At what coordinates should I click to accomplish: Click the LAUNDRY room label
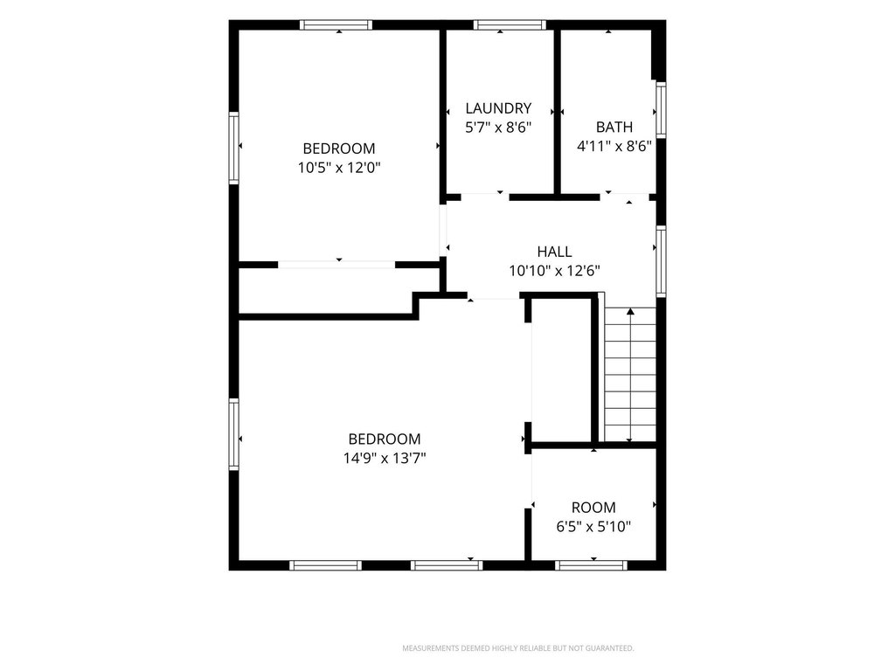(498, 107)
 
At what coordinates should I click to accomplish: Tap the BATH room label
(614, 127)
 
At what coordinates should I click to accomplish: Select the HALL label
(554, 252)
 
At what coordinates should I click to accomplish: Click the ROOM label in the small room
(593, 508)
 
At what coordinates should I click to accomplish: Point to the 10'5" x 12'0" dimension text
(339, 168)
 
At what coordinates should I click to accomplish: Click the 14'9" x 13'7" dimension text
(385, 458)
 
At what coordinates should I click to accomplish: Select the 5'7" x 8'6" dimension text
(498, 128)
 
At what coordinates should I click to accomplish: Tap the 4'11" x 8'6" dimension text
(614, 146)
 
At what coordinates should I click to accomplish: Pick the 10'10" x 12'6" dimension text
(554, 271)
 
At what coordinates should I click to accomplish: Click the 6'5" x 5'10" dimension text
(593, 526)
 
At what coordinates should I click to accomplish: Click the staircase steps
(630, 374)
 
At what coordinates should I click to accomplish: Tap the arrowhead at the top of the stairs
(630, 312)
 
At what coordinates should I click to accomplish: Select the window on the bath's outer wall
(661, 109)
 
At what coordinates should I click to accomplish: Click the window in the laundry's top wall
(510, 24)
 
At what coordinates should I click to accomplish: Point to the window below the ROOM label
(592, 565)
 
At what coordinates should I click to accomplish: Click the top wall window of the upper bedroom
(336, 24)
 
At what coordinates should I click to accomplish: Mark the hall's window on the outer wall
(661, 260)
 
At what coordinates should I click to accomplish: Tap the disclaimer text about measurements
(518, 648)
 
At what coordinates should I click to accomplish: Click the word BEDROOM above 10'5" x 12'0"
(339, 149)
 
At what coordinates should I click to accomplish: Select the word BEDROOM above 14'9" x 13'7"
(385, 439)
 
